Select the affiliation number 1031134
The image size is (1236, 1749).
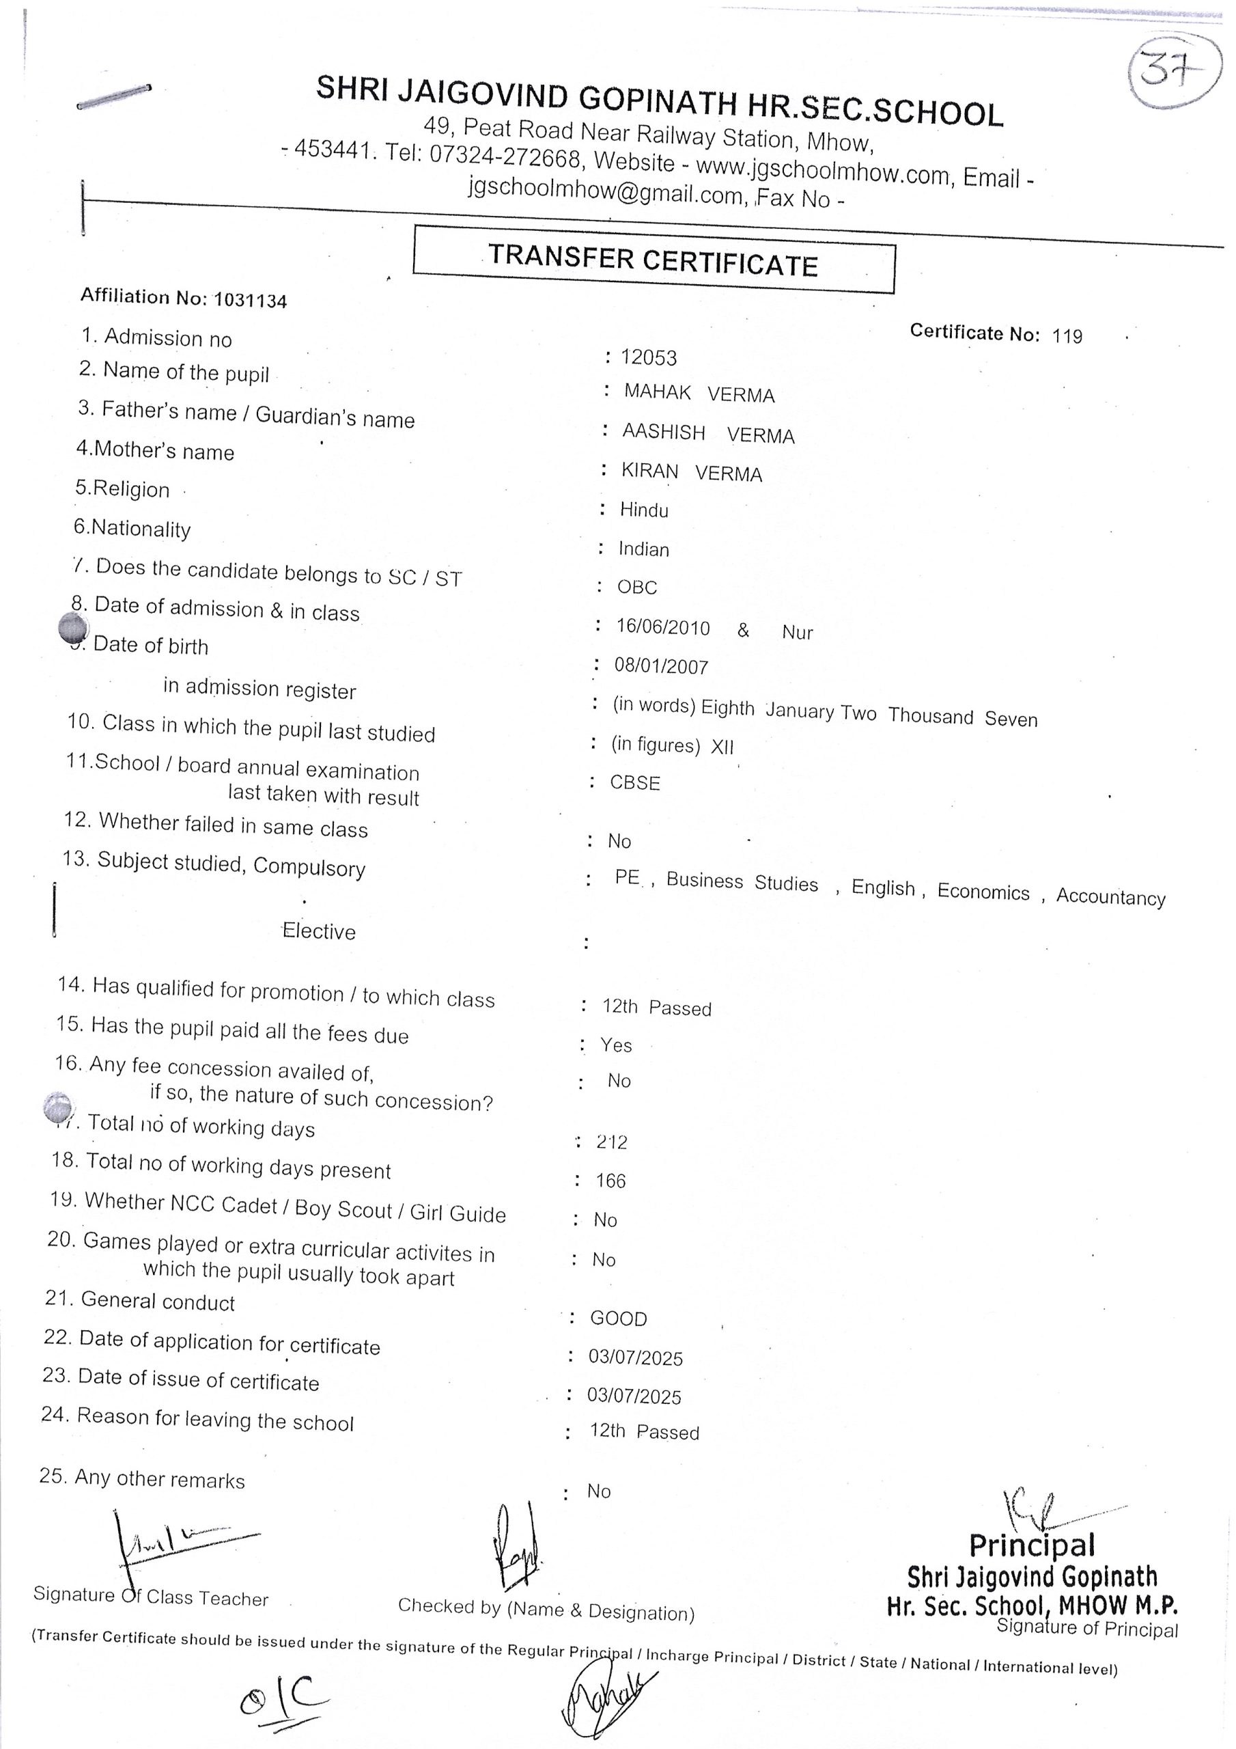click(x=251, y=300)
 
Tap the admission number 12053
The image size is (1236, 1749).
click(x=648, y=357)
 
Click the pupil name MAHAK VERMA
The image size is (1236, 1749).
click(x=699, y=393)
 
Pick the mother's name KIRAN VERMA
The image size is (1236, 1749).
click(x=692, y=472)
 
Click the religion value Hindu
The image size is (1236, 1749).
click(x=644, y=510)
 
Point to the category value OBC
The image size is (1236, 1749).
click(x=637, y=588)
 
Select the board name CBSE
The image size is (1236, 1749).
click(x=635, y=782)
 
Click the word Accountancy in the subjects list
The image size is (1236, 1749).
click(x=1110, y=896)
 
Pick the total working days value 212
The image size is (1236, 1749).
click(x=612, y=1142)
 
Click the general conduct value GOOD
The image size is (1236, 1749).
click(x=619, y=1319)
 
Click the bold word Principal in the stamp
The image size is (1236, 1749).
click(x=1032, y=1545)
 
